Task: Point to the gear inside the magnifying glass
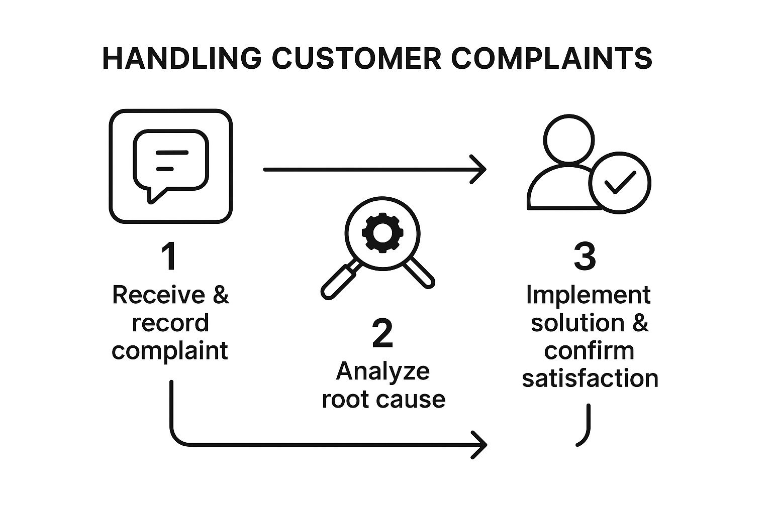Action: pyautogui.click(x=378, y=231)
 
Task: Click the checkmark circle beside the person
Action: pyautogui.click(x=620, y=183)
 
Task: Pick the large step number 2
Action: pyautogui.click(x=382, y=334)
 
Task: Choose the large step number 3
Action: pyautogui.click(x=585, y=256)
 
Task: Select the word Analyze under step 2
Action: pyautogui.click(x=382, y=371)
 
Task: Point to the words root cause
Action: pyautogui.click(x=383, y=399)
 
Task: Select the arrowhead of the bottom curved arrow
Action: pyautogui.click(x=481, y=444)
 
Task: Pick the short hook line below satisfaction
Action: pyautogui.click(x=585, y=427)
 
